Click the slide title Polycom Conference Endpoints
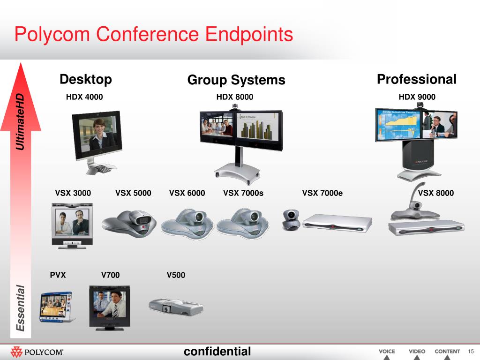point(153,35)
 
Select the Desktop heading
point(86,80)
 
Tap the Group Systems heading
point(236,80)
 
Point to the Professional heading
point(416,79)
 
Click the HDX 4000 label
point(84,97)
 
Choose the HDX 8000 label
point(235,97)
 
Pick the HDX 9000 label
point(417,97)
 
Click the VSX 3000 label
point(73,193)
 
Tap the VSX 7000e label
point(322,193)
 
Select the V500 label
point(176,275)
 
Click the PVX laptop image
point(56,307)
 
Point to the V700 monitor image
point(110,307)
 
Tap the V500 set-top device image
point(175,307)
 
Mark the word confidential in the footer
point(217,351)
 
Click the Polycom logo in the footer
point(37,352)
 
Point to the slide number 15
point(472,352)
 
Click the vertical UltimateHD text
point(20,122)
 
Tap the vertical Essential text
point(20,308)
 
